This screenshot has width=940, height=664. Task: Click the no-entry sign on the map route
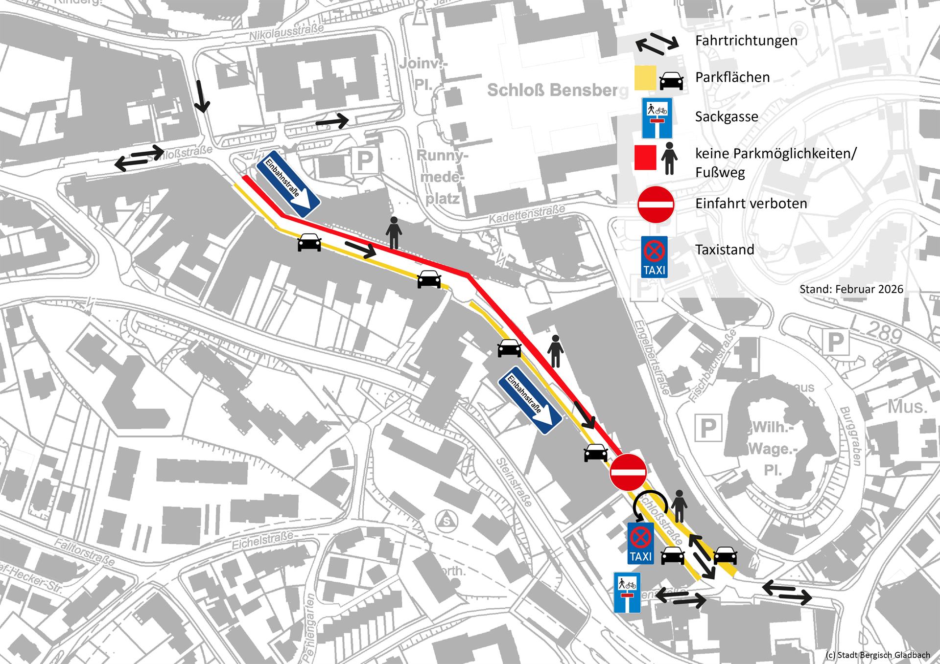coord(628,472)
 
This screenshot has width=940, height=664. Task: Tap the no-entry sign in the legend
coord(656,205)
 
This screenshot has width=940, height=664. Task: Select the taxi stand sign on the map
coord(640,543)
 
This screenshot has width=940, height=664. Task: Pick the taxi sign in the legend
coord(655,257)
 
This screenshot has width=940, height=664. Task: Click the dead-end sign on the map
coord(627,593)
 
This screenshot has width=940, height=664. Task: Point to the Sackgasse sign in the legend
coord(657,118)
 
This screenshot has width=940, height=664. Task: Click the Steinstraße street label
coord(514,482)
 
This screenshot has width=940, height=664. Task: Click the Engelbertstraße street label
coord(652,357)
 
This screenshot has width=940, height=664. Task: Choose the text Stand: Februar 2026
coord(851,289)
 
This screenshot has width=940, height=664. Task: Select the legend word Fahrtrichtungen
coord(746,41)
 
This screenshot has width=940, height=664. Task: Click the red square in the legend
coord(645,158)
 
